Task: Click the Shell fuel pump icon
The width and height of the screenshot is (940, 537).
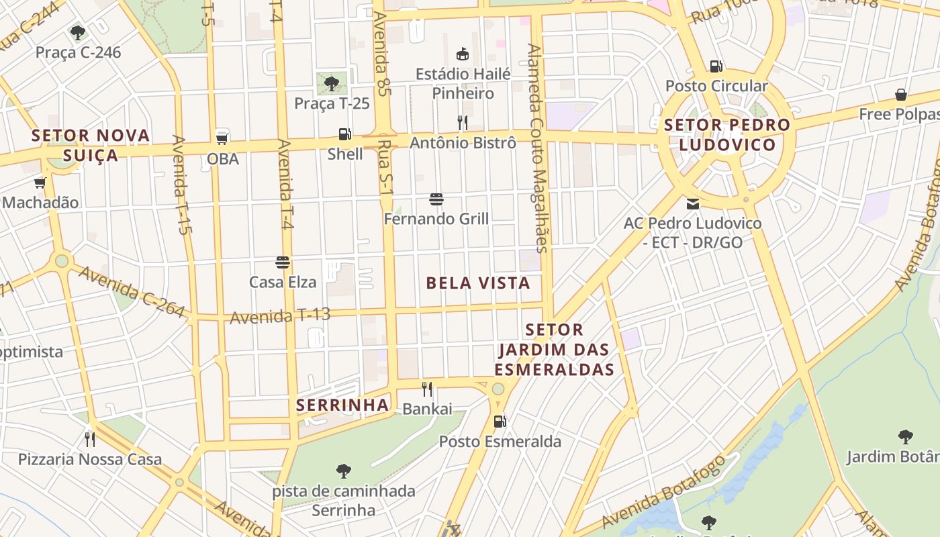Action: [344, 134]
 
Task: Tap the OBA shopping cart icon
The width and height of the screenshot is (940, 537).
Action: [222, 139]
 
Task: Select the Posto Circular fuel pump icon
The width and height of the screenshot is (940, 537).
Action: [716, 66]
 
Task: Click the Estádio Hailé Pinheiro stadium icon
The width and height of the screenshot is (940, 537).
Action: [463, 54]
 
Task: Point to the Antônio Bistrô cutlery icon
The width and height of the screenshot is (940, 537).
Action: [463, 122]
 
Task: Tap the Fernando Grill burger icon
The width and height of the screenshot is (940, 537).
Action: [436, 199]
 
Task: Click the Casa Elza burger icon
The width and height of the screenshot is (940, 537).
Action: [283, 262]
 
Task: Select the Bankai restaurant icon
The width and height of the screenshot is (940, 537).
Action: [427, 389]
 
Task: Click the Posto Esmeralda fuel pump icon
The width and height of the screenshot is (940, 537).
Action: [500, 422]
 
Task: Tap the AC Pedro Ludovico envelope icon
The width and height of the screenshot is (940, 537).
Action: [693, 203]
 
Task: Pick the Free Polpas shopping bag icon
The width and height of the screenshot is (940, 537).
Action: [901, 95]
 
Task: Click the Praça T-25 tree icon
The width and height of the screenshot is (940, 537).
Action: [331, 83]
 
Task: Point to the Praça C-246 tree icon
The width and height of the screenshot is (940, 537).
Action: [78, 32]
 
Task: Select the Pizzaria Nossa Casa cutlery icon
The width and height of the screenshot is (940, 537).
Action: [90, 439]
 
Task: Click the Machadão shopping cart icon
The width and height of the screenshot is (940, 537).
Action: [40, 183]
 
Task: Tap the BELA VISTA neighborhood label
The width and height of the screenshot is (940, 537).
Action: [478, 283]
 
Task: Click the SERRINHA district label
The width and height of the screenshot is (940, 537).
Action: [342, 405]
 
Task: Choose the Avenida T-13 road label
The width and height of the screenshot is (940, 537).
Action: [281, 315]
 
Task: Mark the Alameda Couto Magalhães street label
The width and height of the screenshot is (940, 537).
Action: [538, 148]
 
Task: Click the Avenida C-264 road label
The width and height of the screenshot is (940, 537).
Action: [131, 291]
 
